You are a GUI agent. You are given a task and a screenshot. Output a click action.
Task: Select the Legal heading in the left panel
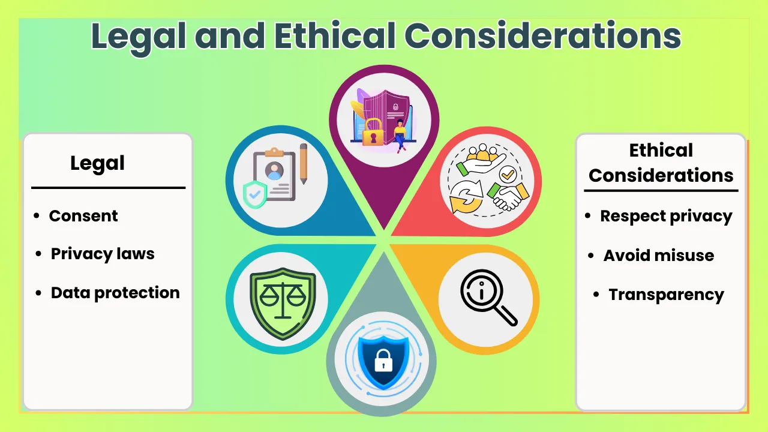[x=97, y=163]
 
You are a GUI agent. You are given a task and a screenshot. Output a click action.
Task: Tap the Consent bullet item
[x=83, y=216]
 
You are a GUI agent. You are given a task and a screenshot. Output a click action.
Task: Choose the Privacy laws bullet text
[x=103, y=254]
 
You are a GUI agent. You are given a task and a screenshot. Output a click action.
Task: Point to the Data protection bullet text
[x=115, y=293]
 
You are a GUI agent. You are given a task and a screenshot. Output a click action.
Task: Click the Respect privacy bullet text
[x=666, y=216]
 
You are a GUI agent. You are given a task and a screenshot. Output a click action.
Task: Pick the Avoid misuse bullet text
[x=659, y=256]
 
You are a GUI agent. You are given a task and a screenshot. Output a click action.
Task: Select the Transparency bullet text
[x=666, y=295]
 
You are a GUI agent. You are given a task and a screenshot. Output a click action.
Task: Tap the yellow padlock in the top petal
[x=373, y=132]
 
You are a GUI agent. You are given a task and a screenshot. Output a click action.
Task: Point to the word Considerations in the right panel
[x=661, y=175]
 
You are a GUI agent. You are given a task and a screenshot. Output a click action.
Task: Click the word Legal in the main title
[x=139, y=36]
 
